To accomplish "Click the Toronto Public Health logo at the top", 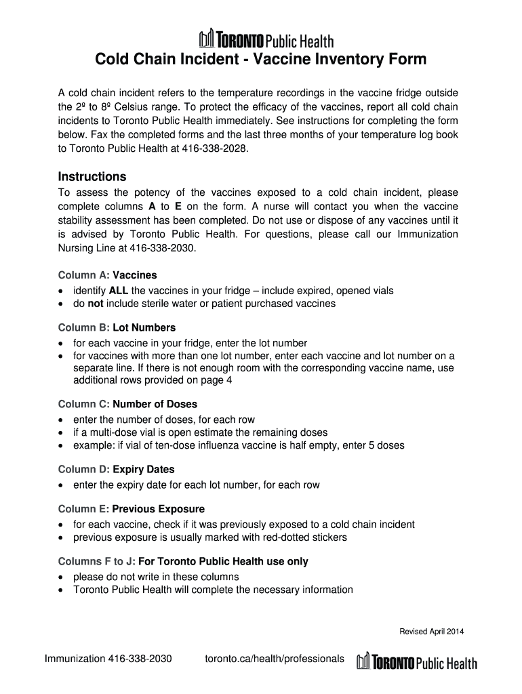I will (x=266, y=39).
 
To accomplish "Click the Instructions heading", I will (x=92, y=177).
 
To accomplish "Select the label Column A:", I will (x=84, y=275).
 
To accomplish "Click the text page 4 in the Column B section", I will (x=215, y=380).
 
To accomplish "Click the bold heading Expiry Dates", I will (x=143, y=469).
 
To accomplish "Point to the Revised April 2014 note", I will (x=431, y=632).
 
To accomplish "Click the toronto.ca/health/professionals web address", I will (x=274, y=659).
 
